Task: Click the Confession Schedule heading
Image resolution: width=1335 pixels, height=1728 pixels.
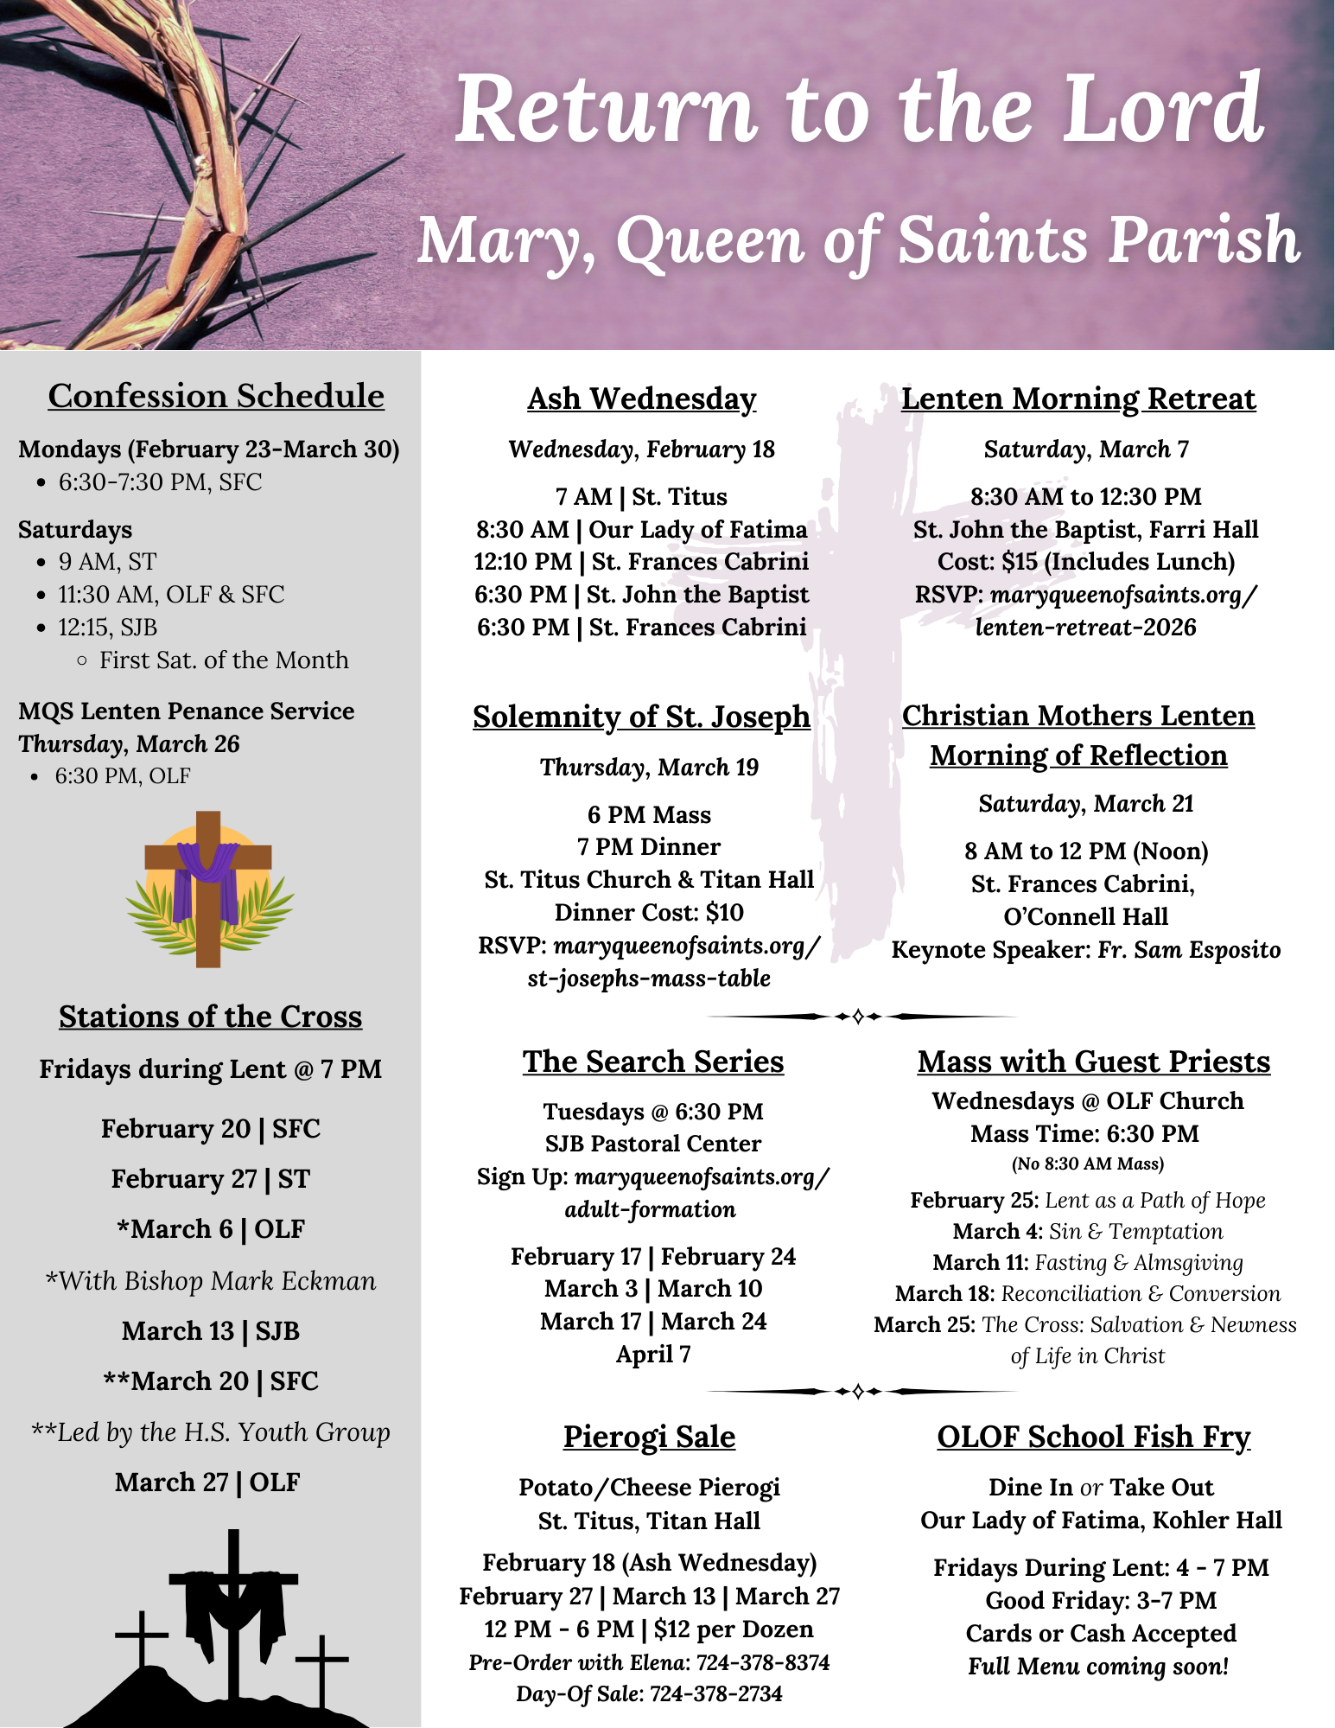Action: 216,396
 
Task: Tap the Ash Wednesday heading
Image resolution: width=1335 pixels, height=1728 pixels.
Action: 641,399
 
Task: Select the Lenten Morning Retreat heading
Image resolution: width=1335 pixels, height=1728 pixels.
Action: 1078,399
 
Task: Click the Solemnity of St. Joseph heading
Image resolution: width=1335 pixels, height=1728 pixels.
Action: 641,717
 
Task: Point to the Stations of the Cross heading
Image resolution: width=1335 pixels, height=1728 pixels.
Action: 210,1017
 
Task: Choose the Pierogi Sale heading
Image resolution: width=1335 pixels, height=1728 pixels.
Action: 649,1436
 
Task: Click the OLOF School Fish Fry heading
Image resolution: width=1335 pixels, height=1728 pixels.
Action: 1093,1436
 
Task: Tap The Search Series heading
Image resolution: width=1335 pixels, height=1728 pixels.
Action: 652,1062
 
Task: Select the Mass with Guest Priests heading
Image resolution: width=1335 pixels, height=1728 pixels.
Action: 1093,1062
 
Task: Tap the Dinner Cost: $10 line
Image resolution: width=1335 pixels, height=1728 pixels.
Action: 649,913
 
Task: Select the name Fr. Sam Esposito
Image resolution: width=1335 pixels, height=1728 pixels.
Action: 1189,950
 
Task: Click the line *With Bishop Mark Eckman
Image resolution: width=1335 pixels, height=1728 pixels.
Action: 210,1280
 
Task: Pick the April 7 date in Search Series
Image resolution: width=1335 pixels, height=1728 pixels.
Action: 652,1354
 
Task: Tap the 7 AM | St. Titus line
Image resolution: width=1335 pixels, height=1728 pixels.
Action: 641,497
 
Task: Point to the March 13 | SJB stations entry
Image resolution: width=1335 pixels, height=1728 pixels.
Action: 210,1330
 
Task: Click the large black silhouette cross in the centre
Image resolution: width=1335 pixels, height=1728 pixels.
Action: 233,1608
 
